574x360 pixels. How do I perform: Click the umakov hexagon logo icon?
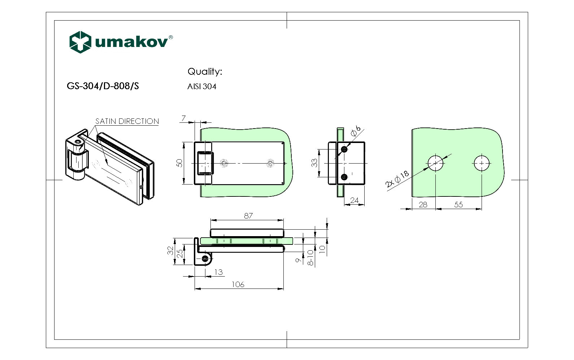click(x=80, y=42)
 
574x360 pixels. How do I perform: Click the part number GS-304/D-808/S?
click(x=103, y=86)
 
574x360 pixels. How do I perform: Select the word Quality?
click(x=205, y=71)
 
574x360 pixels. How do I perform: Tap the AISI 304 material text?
click(x=202, y=87)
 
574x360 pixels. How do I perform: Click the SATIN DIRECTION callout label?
click(x=127, y=121)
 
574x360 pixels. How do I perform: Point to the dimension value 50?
click(x=179, y=163)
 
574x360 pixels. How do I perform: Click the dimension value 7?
click(x=184, y=118)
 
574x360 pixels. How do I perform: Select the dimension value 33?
click(x=314, y=163)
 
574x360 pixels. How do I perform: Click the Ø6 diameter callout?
click(x=356, y=131)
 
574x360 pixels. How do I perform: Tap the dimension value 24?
click(x=354, y=200)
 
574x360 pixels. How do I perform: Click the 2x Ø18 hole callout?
click(x=397, y=179)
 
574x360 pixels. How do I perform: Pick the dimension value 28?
click(x=423, y=205)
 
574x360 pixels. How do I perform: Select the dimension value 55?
click(x=458, y=205)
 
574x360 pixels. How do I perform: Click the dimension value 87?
click(x=248, y=216)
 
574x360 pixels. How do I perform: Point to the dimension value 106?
click(x=238, y=285)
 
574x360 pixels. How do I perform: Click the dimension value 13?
click(x=218, y=272)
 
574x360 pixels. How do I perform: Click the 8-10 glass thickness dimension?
click(x=310, y=258)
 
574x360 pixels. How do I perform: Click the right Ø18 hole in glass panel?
click(x=482, y=163)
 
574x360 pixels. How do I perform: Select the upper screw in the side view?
click(x=344, y=149)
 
